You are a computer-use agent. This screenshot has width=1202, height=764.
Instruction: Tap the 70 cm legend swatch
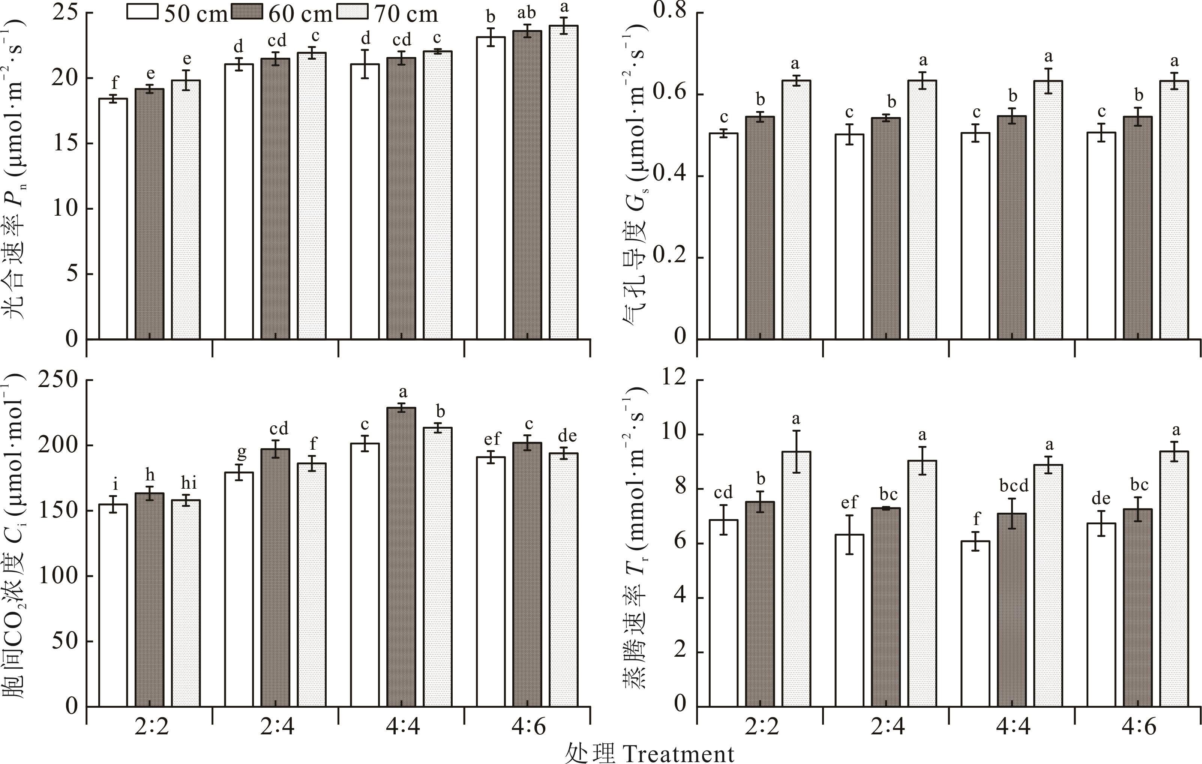353,12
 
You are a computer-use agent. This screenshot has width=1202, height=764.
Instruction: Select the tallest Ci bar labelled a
401,557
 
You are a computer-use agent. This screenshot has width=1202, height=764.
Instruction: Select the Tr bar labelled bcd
1012,609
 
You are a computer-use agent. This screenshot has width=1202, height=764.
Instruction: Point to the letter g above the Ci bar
241,453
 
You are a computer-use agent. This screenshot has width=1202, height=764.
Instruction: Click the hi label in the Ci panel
188,483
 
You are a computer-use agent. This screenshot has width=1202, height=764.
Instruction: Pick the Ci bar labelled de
564,579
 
